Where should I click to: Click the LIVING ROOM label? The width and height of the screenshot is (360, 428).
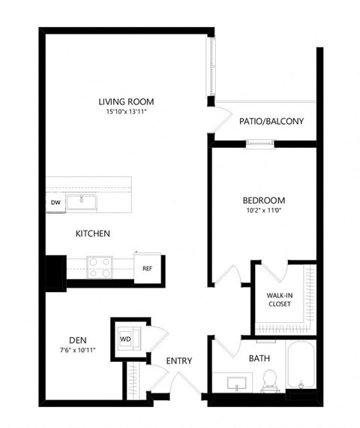pyautogui.click(x=125, y=102)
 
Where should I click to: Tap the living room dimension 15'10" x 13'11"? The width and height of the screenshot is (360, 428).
pyautogui.click(x=125, y=113)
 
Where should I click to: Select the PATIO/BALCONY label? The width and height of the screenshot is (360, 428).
pyautogui.click(x=271, y=120)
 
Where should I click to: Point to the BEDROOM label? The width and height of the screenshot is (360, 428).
pyautogui.click(x=263, y=200)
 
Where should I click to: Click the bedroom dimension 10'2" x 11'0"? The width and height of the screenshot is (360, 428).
pyautogui.click(x=263, y=211)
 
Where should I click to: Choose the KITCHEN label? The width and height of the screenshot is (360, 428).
pyautogui.click(x=92, y=234)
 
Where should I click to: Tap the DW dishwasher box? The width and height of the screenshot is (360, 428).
pyautogui.click(x=55, y=203)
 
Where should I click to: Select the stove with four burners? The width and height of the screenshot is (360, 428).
pyautogui.click(x=100, y=264)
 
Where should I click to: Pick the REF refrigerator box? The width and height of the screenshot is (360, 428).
pyautogui.click(x=148, y=267)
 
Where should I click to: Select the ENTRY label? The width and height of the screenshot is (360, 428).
pyautogui.click(x=179, y=361)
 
